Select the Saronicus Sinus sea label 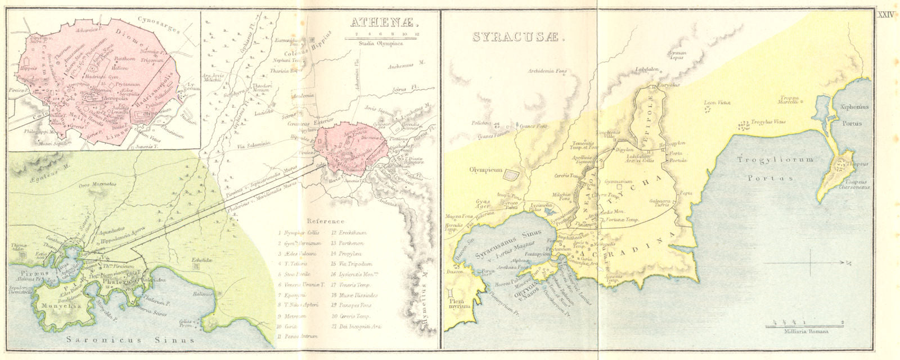129,340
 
